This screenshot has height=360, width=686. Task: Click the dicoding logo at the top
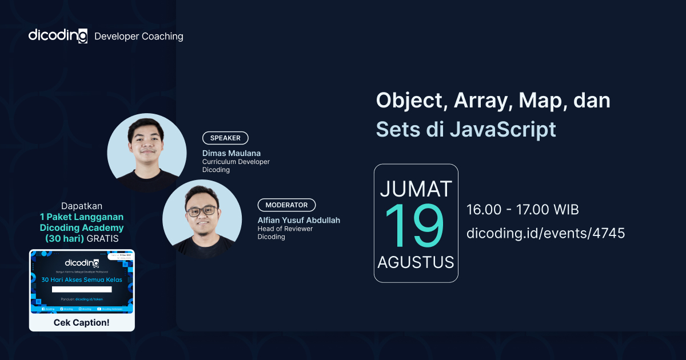tap(58, 35)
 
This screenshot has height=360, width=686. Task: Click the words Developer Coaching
tap(138, 36)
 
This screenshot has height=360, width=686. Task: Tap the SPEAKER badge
tap(225, 138)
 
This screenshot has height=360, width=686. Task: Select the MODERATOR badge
tap(286, 205)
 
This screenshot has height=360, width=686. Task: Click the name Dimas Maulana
tap(231, 153)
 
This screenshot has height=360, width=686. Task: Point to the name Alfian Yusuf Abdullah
tap(299, 220)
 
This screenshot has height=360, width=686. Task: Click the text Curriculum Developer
tap(236, 162)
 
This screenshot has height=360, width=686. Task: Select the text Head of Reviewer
tap(285, 229)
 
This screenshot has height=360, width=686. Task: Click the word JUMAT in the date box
tap(416, 189)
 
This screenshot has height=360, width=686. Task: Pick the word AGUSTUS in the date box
tap(416, 262)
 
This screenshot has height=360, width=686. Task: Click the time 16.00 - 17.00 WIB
tap(523, 210)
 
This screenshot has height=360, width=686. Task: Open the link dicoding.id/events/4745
tap(545, 233)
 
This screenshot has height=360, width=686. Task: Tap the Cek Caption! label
tap(82, 322)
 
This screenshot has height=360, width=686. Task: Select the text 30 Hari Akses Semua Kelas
tap(82, 280)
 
